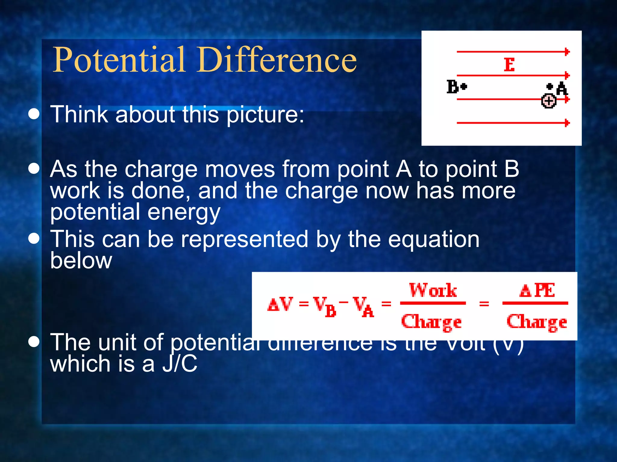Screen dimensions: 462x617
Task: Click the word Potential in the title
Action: [x=119, y=60]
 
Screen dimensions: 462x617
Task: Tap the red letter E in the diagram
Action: [x=509, y=65]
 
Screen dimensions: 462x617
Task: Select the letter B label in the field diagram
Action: [x=453, y=87]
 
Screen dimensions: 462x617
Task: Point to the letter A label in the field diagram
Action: [x=562, y=89]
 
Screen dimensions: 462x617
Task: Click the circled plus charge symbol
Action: [x=549, y=101]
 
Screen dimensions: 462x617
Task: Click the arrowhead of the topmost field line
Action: [x=567, y=52]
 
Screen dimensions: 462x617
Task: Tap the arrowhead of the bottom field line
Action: [x=567, y=123]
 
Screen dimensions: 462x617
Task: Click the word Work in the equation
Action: [x=433, y=290]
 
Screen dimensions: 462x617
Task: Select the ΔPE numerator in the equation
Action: [x=537, y=291]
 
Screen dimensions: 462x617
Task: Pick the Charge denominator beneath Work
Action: [x=431, y=322]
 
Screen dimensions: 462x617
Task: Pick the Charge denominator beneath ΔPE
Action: [x=537, y=322]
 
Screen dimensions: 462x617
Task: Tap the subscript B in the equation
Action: [x=331, y=312]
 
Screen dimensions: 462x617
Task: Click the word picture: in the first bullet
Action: [x=265, y=115]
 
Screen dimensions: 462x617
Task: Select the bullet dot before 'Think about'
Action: [x=34, y=114]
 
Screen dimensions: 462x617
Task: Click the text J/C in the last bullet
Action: [x=180, y=364]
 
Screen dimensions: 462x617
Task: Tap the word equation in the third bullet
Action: [x=434, y=240]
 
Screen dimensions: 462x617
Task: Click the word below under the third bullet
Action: [x=81, y=260]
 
